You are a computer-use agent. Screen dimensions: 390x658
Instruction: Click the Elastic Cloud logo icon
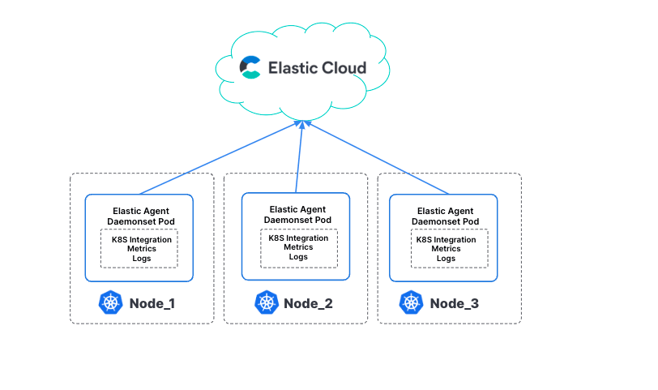pyautogui.click(x=250, y=67)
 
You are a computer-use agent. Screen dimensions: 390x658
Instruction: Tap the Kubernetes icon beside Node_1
pyautogui.click(x=110, y=303)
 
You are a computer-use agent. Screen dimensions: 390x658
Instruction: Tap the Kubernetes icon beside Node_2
pyautogui.click(x=265, y=303)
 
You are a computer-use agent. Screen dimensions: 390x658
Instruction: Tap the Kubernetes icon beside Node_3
pyautogui.click(x=412, y=303)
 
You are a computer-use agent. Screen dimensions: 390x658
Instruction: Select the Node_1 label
pyautogui.click(x=152, y=304)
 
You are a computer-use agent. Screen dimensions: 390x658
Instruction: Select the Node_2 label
pyautogui.click(x=308, y=304)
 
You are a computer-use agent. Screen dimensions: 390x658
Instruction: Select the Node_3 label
pyautogui.click(x=455, y=304)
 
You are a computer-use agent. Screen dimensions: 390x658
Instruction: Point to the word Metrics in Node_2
pyautogui.click(x=298, y=247)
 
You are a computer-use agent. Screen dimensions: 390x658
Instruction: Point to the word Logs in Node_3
pyautogui.click(x=446, y=259)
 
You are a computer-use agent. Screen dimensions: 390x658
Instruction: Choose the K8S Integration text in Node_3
pyautogui.click(x=446, y=239)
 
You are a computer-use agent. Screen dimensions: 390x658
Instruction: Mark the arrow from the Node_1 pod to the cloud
pyautogui.click(x=219, y=159)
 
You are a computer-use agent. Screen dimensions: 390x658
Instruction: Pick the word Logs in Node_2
pyautogui.click(x=298, y=257)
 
